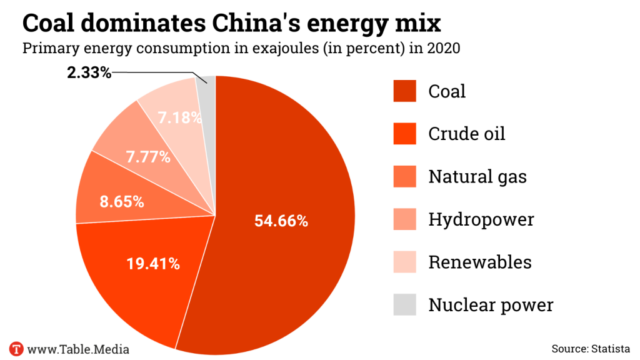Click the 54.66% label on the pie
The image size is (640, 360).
[281, 221]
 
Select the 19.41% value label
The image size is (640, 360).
[153, 264]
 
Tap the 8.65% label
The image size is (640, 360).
[122, 202]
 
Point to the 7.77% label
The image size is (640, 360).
[148, 157]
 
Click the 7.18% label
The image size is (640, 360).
[179, 117]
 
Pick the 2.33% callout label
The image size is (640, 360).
[89, 72]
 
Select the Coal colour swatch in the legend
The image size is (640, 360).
[404, 91]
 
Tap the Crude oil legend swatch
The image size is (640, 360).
[404, 134]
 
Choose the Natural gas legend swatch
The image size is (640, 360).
[404, 176]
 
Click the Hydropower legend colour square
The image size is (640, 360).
[404, 219]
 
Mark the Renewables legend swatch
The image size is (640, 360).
[404, 262]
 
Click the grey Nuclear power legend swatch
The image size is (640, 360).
[404, 305]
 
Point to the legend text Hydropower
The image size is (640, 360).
[481, 219]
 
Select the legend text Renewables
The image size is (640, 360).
[480, 262]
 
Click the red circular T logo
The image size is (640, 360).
[16, 348]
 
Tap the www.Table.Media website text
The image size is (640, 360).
[78, 348]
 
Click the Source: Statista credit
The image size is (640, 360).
[591, 348]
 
